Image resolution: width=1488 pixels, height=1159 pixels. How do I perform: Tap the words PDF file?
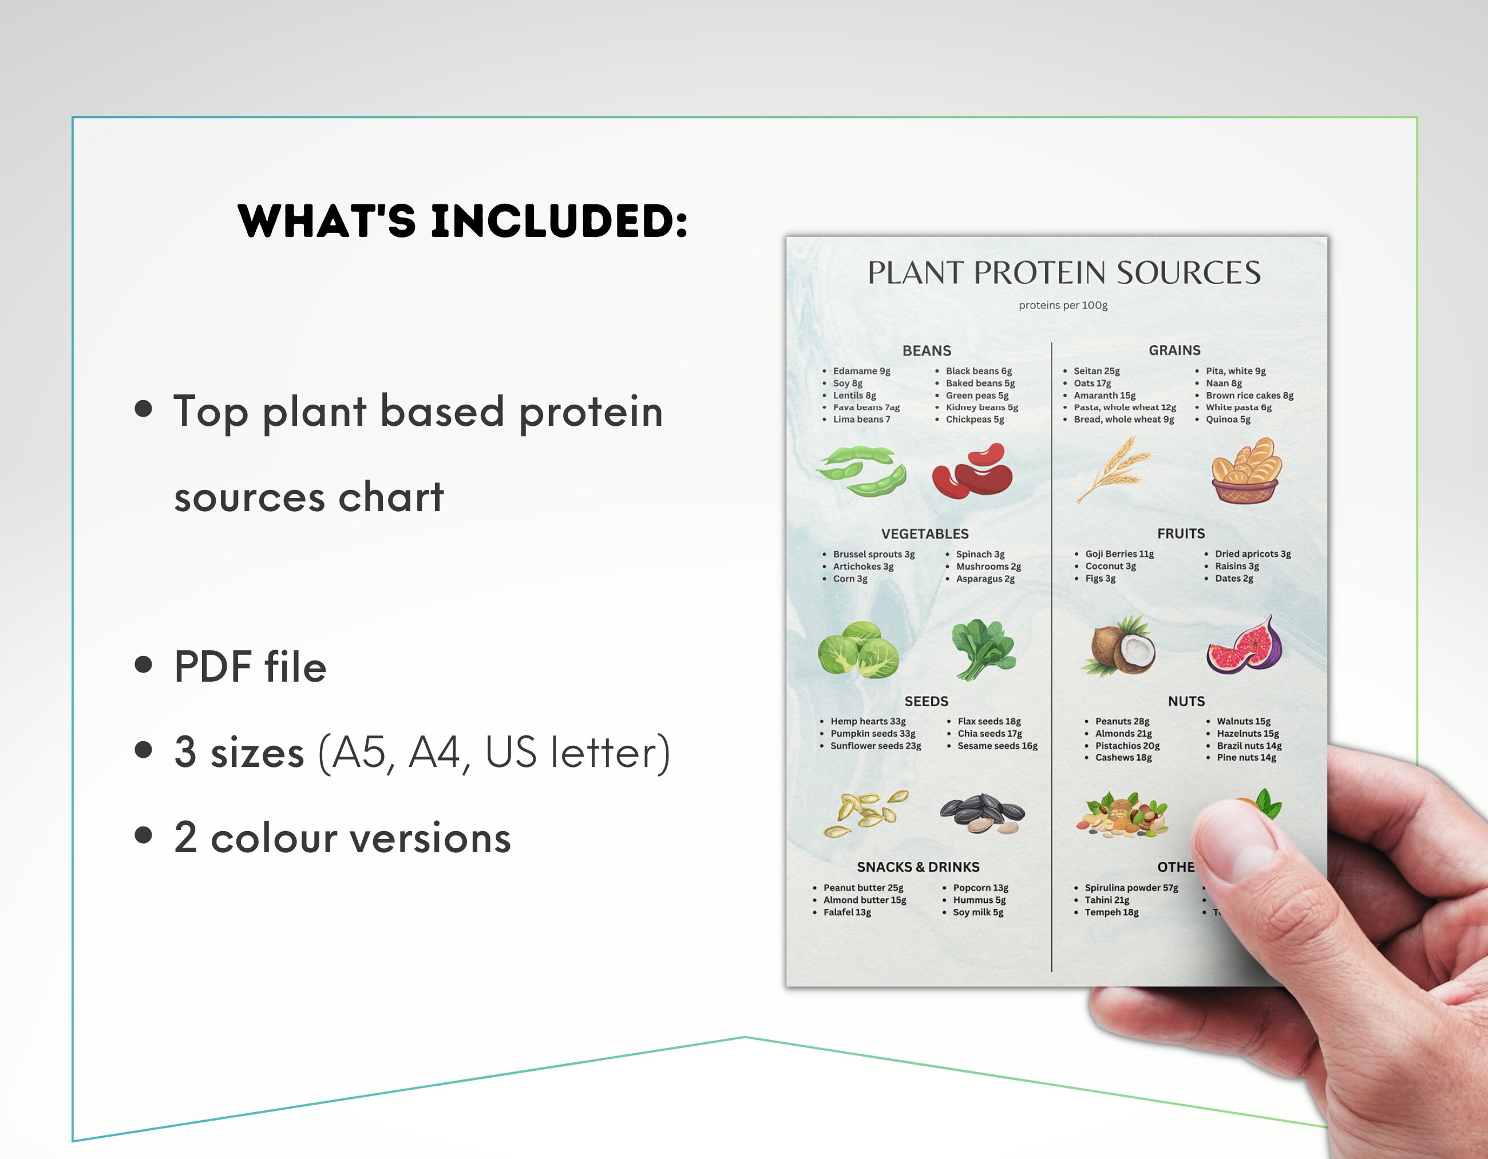[x=250, y=666]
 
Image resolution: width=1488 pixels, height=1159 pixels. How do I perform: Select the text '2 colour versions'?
[x=342, y=837]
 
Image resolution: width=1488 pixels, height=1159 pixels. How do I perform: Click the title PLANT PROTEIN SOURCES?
[x=1063, y=272]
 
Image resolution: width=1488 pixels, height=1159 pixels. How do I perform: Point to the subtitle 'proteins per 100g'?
[x=1063, y=305]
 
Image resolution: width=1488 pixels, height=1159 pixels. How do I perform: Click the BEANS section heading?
[x=927, y=351]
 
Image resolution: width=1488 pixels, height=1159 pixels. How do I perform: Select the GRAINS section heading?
[x=1174, y=350]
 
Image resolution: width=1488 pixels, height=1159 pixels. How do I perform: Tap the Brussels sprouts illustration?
[x=858, y=650]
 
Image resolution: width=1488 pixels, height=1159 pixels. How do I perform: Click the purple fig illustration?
[x=1245, y=646]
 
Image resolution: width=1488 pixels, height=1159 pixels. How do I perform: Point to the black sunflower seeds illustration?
[x=982, y=813]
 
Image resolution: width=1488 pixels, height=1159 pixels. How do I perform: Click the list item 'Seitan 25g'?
[x=1096, y=371]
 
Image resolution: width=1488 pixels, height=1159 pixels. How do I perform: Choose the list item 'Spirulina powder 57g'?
[x=1131, y=888]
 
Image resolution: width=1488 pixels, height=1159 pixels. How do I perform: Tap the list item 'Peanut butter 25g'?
[x=862, y=888]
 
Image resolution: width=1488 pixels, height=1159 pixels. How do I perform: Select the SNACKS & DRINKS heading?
[x=918, y=867]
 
